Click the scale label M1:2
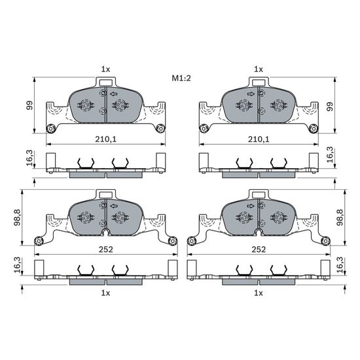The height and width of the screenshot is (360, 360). coord(181,79)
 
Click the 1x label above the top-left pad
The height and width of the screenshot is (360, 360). coord(105,69)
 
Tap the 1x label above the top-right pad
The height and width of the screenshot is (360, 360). coord(259,69)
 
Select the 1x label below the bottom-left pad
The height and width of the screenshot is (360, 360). coord(105,293)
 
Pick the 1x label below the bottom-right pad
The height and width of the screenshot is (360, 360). coord(259,293)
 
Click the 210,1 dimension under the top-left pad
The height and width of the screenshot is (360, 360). coord(105,139)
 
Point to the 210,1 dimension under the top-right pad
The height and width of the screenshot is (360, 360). coord(259,139)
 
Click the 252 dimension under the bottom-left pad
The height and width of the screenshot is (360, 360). coord(105,249)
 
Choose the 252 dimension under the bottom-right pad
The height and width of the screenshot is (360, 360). coord(259,249)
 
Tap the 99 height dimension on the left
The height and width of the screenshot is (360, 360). coord(29,105)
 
